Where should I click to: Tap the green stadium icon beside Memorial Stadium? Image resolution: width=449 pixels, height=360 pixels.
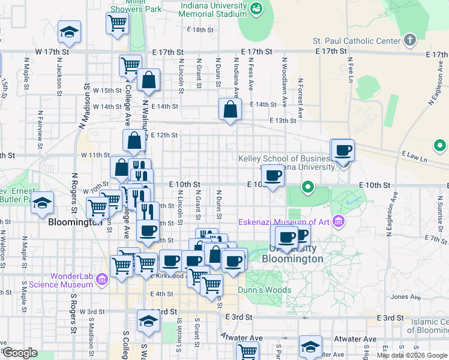257,8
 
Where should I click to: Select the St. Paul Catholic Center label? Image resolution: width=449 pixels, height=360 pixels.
357,41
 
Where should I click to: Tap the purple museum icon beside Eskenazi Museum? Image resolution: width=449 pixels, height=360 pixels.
338,222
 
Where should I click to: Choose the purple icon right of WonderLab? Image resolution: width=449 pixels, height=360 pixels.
101,279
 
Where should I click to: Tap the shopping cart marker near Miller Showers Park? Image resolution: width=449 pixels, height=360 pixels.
117,23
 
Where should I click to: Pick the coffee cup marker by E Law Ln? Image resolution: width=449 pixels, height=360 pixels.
343,150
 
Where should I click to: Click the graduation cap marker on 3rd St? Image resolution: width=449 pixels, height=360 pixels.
148,321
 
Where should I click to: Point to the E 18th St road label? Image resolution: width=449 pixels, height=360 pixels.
200,29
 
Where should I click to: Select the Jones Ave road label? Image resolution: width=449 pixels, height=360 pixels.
401,296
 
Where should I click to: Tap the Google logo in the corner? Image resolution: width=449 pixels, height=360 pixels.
20,353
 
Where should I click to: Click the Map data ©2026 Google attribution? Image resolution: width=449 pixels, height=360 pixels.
411,355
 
